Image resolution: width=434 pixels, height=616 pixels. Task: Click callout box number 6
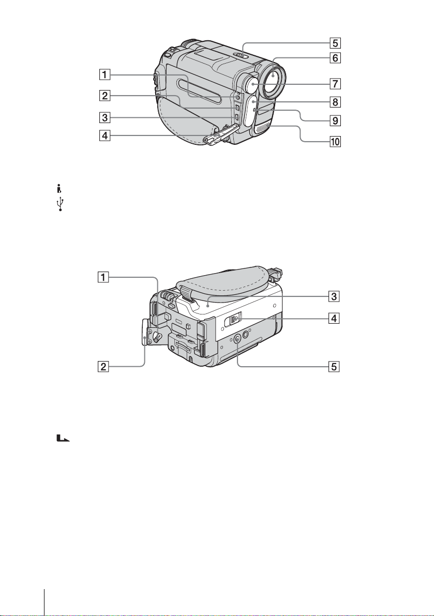point(335,58)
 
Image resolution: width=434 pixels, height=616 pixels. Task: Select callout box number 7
point(335,83)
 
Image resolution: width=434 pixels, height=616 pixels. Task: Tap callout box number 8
point(335,102)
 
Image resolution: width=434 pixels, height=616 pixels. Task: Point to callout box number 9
point(335,120)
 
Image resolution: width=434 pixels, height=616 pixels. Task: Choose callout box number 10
point(335,141)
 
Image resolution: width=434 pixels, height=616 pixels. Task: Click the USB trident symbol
point(60,205)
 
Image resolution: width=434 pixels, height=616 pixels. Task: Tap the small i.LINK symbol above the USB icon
point(59,189)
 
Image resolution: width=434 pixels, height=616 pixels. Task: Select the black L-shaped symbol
point(63,438)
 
